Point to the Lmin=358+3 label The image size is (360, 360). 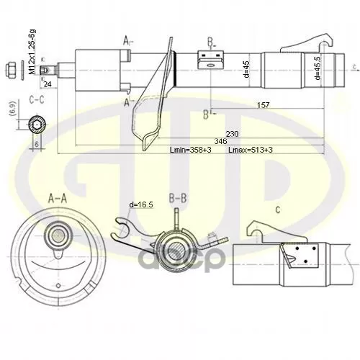pos(189,150)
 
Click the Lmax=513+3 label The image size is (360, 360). pos(250,150)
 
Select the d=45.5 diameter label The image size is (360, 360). pos(317,68)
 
